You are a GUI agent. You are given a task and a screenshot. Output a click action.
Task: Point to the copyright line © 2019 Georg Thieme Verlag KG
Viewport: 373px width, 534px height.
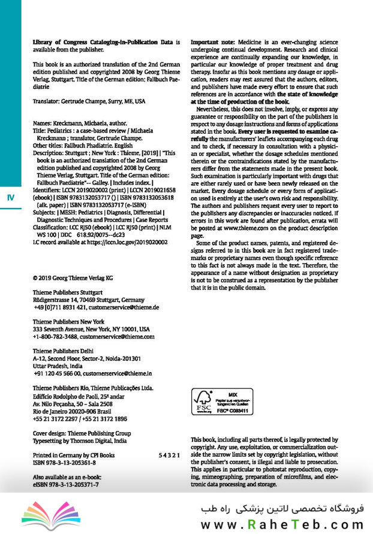click(x=73, y=278)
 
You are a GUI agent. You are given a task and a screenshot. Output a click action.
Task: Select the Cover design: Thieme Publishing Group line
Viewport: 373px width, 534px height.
click(x=81, y=433)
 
